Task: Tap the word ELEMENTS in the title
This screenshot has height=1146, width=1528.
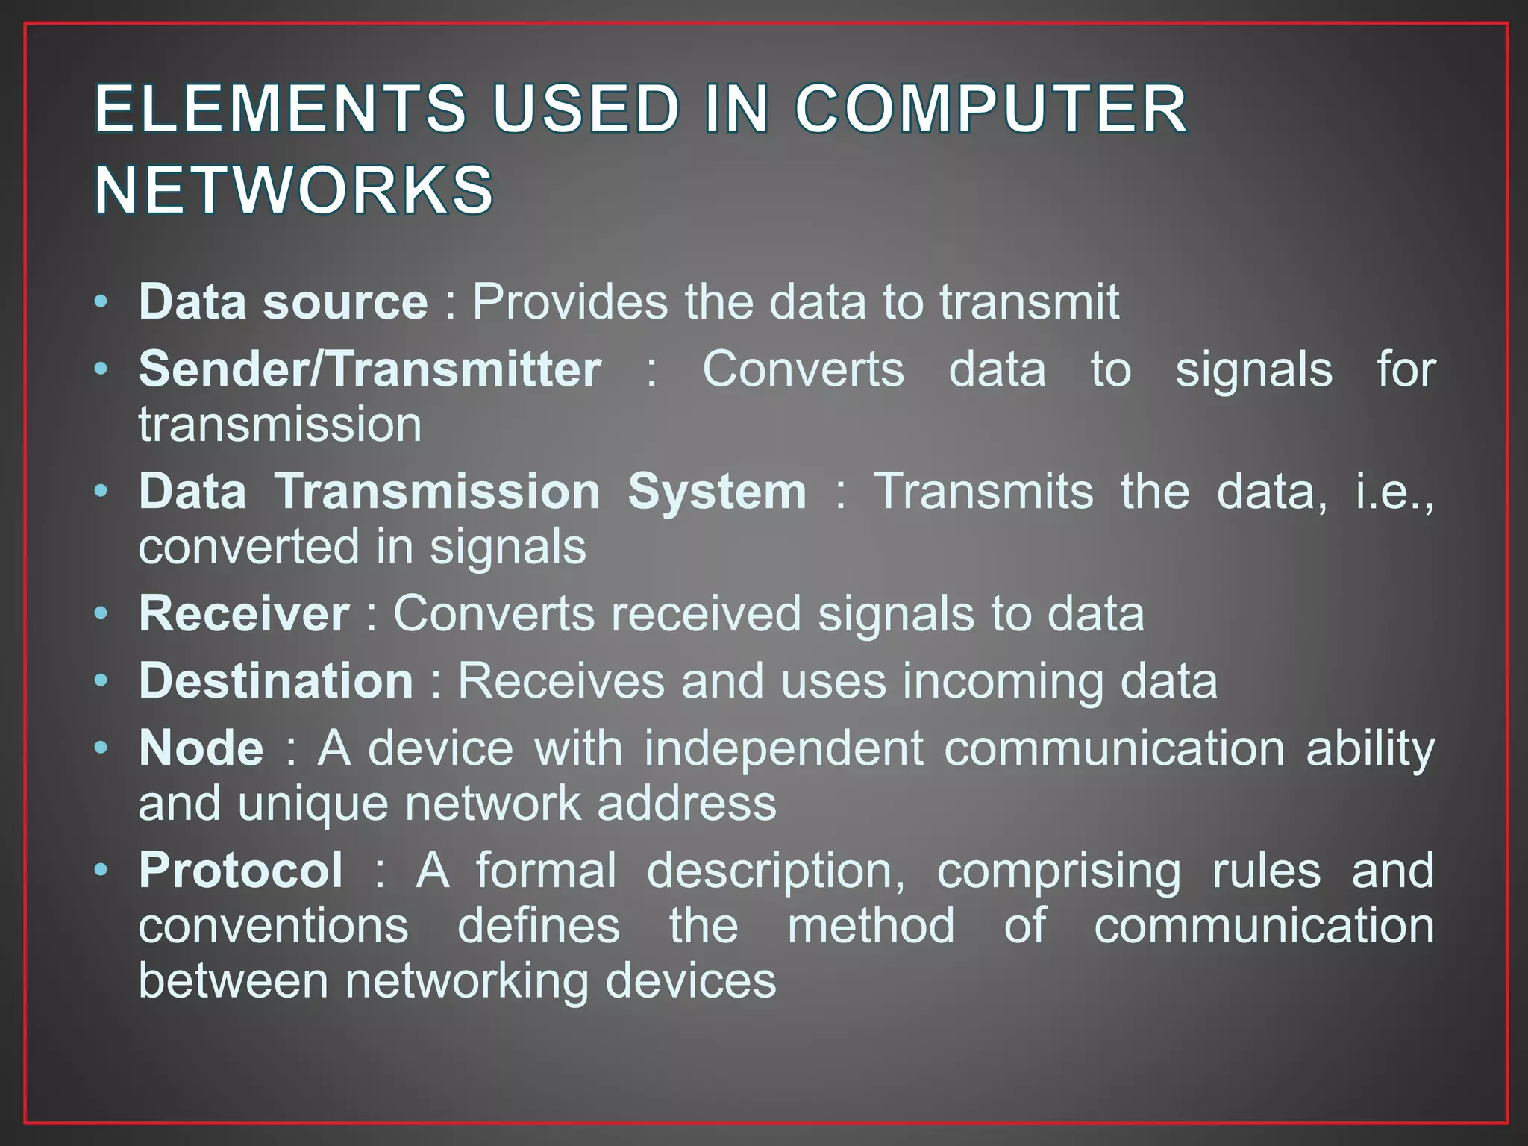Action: [x=281, y=109]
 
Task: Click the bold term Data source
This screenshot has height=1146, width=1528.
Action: [x=284, y=302]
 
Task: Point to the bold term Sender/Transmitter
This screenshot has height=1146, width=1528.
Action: [x=370, y=369]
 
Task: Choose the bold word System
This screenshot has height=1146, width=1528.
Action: [x=717, y=492]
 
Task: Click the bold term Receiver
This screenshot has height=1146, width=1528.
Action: [x=244, y=614]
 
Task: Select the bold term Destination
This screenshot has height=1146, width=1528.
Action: [x=276, y=681]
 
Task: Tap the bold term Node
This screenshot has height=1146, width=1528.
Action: [x=201, y=748]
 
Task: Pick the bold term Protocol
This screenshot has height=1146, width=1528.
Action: [x=241, y=871]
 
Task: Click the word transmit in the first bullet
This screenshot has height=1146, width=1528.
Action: [x=1029, y=302]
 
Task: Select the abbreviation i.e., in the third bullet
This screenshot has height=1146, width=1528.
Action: [x=1394, y=492]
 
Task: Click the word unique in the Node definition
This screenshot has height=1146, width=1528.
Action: [x=313, y=804]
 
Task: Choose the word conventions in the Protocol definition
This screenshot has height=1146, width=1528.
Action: [x=274, y=926]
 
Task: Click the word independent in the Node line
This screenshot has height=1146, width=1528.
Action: [x=784, y=748]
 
